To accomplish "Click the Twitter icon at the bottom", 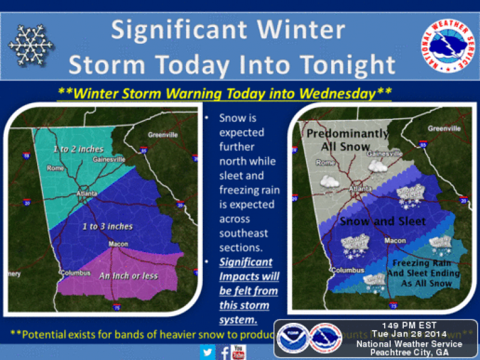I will tap(208, 350).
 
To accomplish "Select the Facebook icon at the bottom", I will tap(224, 350).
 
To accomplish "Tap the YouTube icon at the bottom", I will tap(238, 350).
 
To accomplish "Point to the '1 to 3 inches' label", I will tap(108, 226).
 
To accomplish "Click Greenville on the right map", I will tap(444, 128).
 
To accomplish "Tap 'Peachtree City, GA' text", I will tap(410, 352).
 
